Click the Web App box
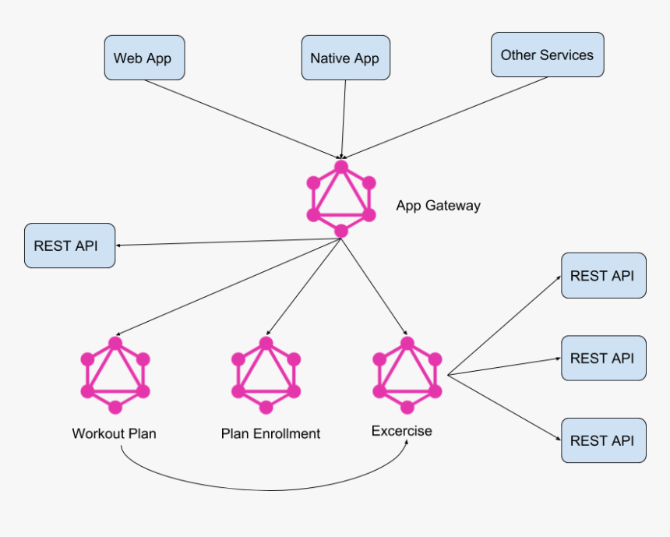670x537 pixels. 144,58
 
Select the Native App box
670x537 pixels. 345,58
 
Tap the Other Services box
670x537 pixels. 547,55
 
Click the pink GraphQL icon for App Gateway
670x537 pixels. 341,199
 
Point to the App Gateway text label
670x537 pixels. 438,206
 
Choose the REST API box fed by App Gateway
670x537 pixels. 69,246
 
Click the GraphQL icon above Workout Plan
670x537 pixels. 115,375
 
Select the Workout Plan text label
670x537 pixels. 114,433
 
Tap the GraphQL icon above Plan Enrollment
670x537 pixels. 266,375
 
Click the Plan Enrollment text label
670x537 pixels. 270,434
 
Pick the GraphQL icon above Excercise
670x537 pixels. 407,375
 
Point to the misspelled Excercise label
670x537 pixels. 401,431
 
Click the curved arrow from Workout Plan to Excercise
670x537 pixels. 265,489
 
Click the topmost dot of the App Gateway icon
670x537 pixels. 341,167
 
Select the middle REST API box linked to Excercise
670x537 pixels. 603,359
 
